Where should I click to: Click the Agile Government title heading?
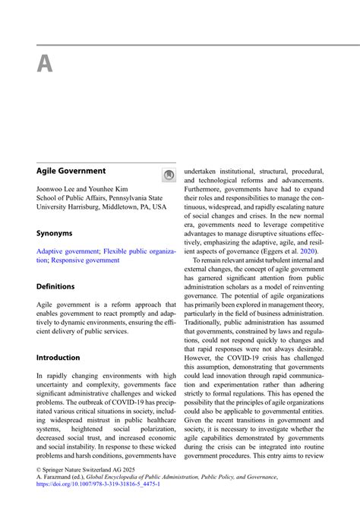[x=71, y=172]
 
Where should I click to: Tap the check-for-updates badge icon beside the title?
[x=169, y=175]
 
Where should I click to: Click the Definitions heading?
[x=55, y=287]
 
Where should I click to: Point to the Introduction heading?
[x=58, y=358]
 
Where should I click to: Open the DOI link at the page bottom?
[x=98, y=483]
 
